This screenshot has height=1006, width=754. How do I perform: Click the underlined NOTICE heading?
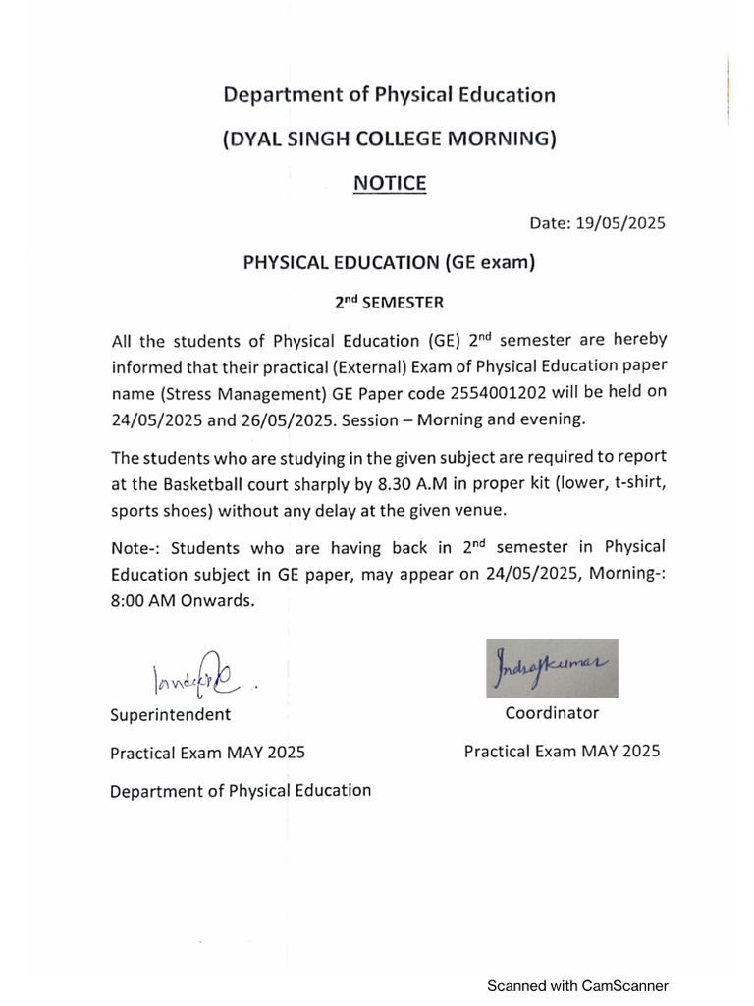click(390, 183)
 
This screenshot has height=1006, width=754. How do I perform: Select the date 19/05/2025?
click(622, 223)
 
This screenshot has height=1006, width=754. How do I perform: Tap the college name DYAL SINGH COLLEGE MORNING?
click(390, 139)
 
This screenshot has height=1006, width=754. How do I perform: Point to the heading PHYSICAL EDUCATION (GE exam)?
click(390, 262)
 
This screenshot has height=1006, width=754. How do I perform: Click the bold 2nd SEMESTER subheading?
click(390, 304)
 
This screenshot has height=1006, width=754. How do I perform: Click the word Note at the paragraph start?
click(129, 547)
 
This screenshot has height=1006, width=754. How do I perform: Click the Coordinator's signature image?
click(552, 668)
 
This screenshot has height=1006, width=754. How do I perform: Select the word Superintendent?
click(171, 714)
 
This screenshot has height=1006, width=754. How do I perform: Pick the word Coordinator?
click(552, 713)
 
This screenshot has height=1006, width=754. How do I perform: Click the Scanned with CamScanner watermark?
click(578, 985)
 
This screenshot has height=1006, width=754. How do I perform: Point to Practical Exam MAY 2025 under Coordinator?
click(562, 752)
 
